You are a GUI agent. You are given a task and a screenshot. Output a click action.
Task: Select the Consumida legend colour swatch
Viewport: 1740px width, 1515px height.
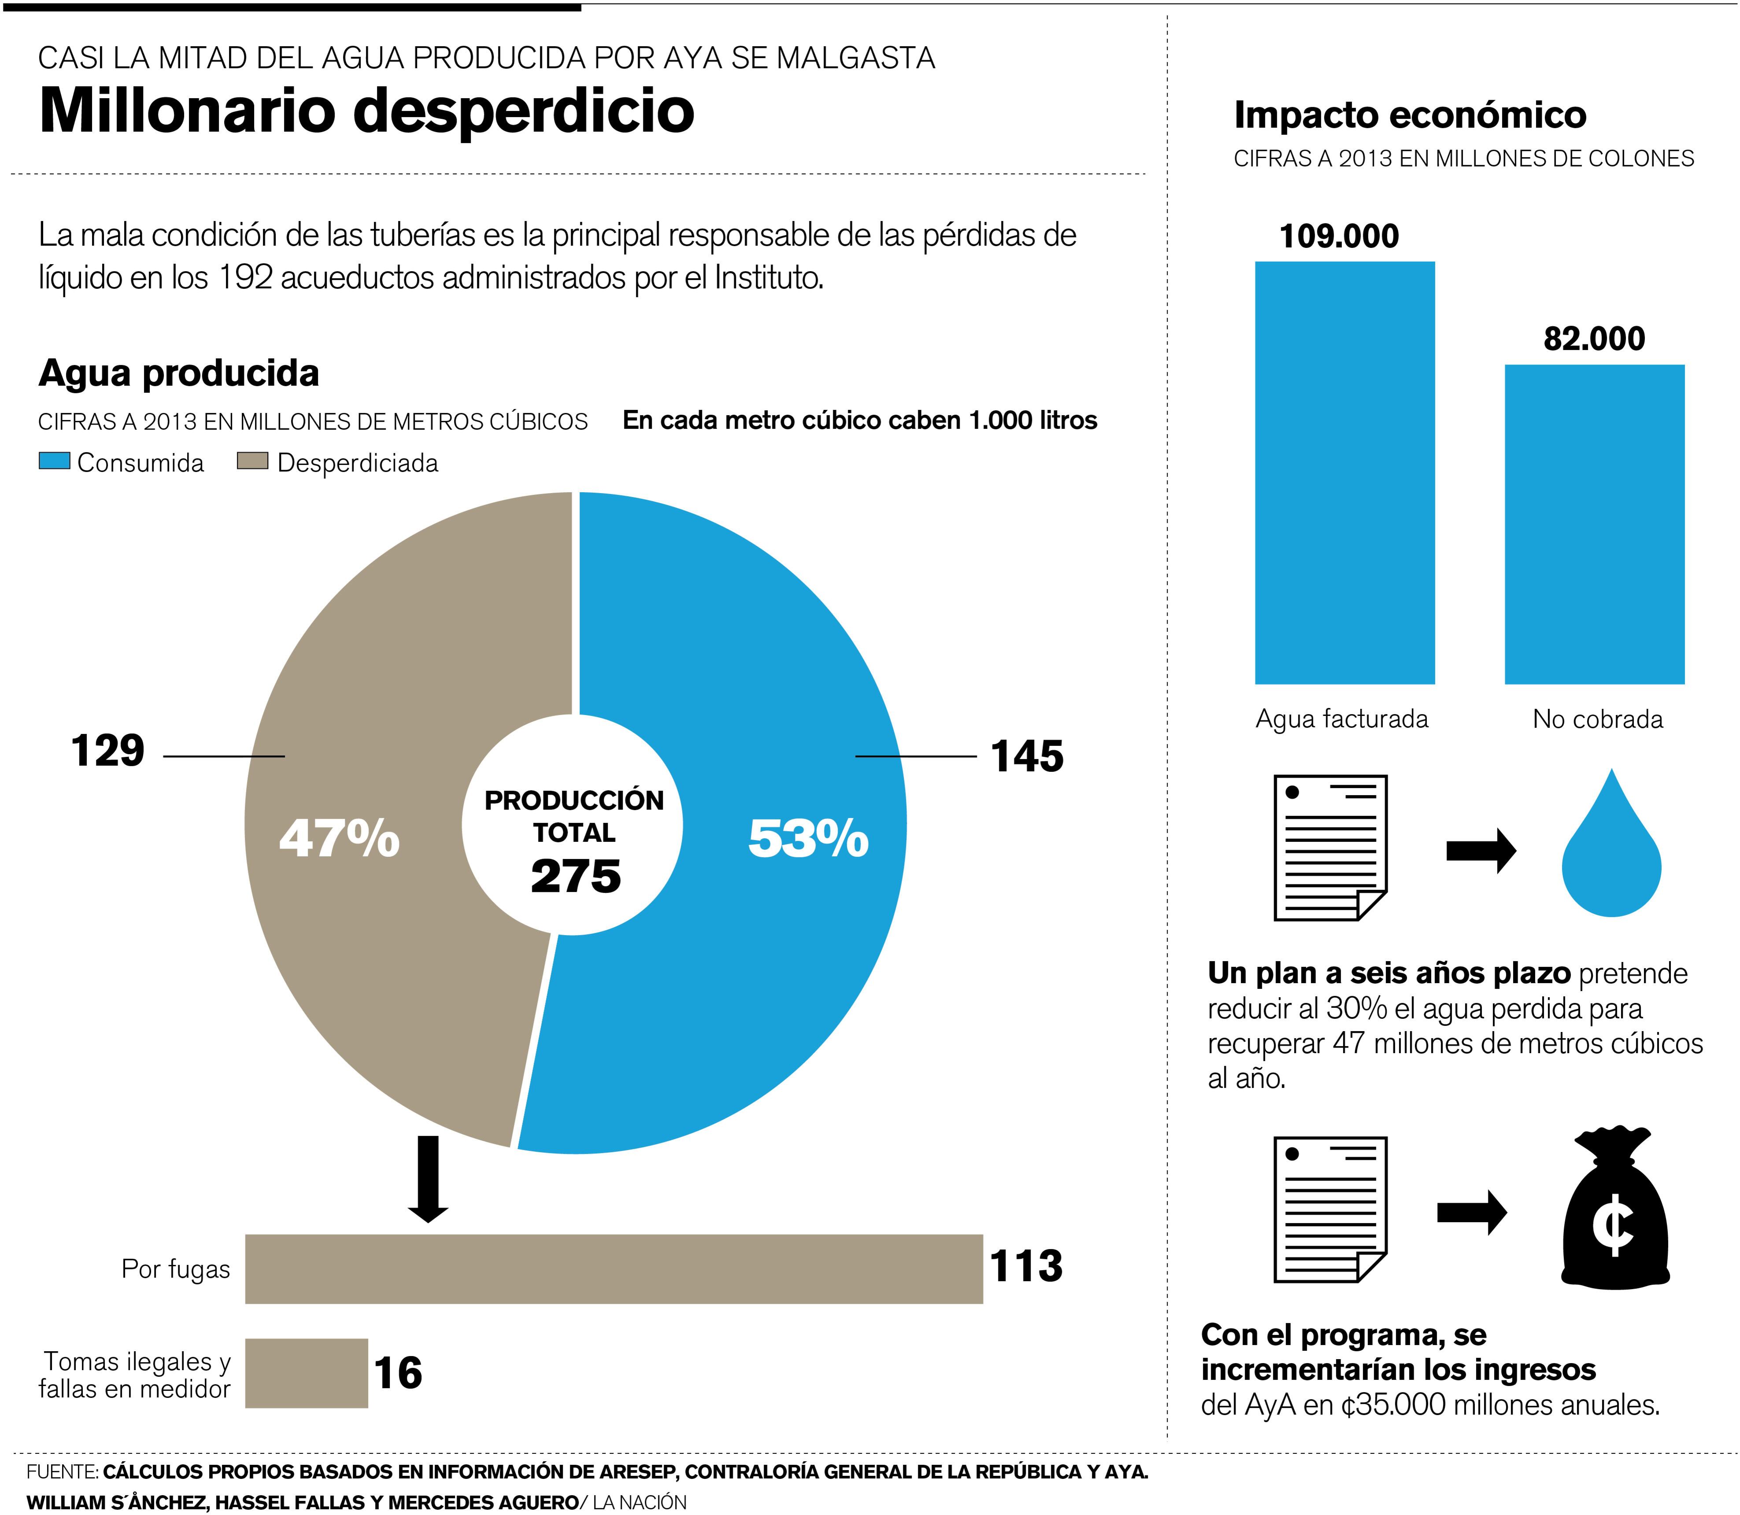[x=54, y=461]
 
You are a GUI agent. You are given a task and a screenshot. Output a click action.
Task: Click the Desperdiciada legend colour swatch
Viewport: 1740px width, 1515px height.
[x=252, y=461]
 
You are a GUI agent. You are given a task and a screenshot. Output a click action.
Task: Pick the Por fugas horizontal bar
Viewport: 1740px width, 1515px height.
[x=614, y=1269]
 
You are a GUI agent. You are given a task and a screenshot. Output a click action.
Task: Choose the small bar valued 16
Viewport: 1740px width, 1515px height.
[x=306, y=1373]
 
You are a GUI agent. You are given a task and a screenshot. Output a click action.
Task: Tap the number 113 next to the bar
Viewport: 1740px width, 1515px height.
[x=1026, y=1266]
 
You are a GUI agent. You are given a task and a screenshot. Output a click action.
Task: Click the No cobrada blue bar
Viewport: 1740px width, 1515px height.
[x=1594, y=524]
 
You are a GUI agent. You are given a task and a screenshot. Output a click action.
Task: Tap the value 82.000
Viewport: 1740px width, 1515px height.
[x=1594, y=339]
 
